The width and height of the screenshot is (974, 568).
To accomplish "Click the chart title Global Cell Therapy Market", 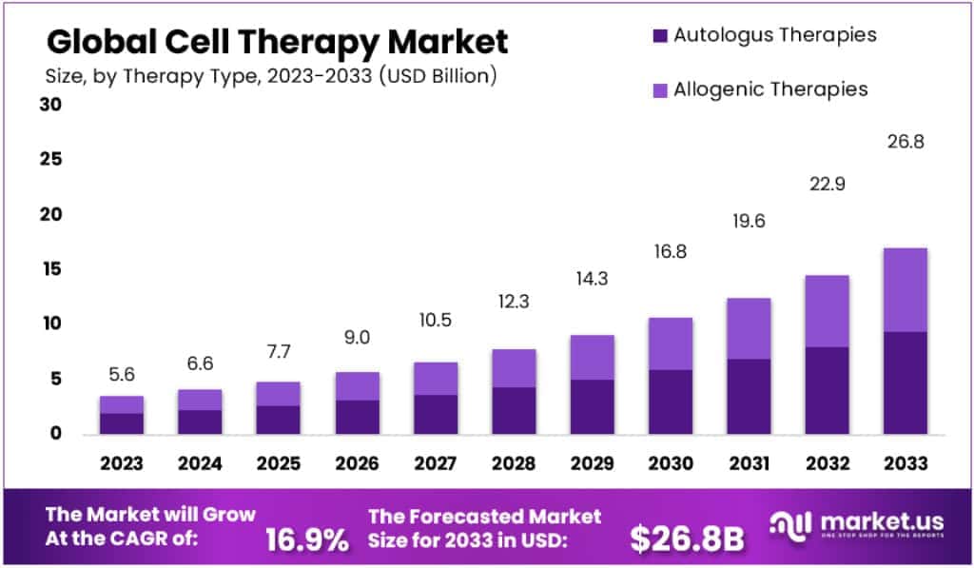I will (x=277, y=42).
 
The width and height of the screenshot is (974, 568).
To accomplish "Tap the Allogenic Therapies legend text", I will (x=770, y=89).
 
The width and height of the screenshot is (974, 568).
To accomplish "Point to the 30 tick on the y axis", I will (x=50, y=105).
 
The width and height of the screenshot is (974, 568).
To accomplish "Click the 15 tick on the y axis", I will (x=50, y=269).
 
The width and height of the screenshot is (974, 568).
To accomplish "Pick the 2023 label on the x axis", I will (x=121, y=463).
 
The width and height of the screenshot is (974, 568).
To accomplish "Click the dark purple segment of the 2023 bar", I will (x=121, y=423).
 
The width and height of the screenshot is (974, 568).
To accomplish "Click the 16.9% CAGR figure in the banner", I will (x=306, y=540).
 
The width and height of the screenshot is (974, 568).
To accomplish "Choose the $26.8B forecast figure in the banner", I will (x=687, y=539).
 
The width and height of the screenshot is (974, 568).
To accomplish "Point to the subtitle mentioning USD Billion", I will (x=271, y=76).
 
